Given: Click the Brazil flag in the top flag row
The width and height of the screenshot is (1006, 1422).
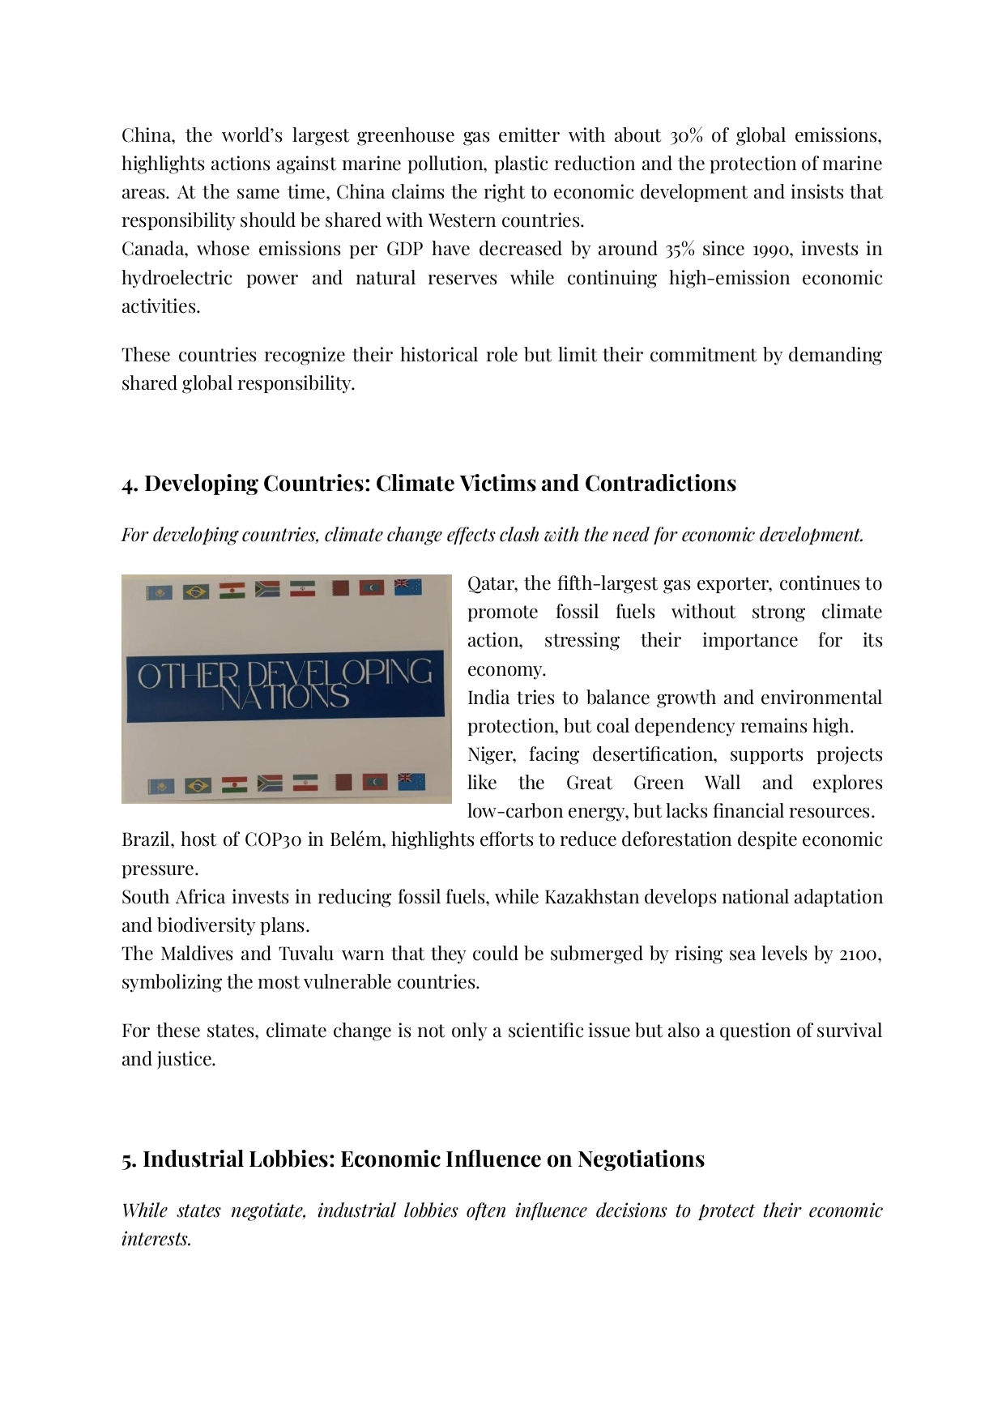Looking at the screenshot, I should point(196,591).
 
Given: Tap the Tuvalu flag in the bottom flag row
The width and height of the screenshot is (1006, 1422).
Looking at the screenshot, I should point(411,782).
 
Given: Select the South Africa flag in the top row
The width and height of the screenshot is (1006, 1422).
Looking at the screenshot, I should point(266,589).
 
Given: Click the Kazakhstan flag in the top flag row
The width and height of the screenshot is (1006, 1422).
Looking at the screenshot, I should point(159,592).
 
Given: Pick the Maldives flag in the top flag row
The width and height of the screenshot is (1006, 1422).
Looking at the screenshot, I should point(372,587).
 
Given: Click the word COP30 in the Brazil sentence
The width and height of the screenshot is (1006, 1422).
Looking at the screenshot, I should point(273,839).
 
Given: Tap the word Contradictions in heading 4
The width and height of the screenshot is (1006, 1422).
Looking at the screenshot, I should point(660,484).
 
